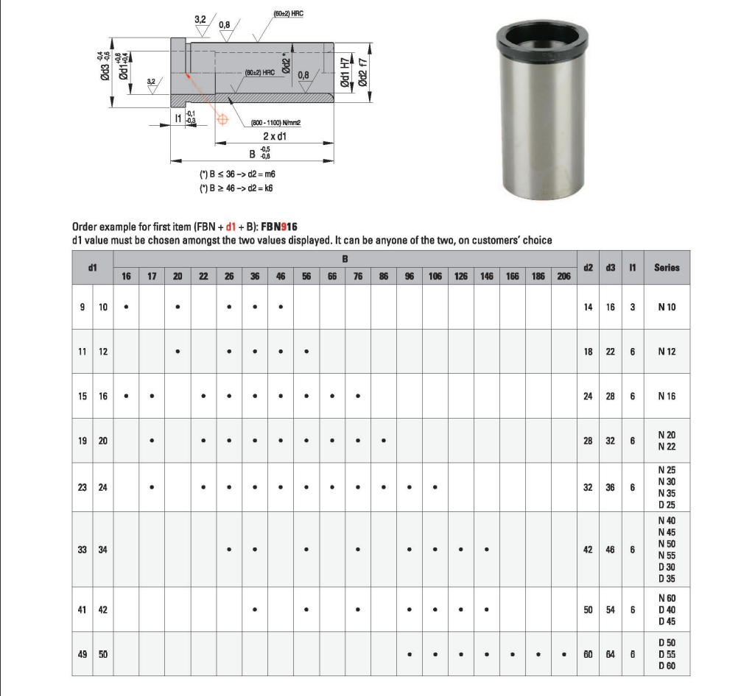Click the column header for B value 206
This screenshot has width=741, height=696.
point(563,276)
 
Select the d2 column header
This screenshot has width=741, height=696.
point(588,267)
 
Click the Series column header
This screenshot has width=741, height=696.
point(667,267)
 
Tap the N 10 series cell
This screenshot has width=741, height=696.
point(667,307)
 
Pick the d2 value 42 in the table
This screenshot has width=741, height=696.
point(588,550)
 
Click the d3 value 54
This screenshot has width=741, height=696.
point(610,610)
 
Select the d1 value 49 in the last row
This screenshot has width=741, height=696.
point(82,654)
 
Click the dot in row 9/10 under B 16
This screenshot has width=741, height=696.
point(126,307)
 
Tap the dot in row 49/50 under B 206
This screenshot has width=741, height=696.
point(563,655)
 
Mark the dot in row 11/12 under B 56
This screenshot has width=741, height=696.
point(306,351)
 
